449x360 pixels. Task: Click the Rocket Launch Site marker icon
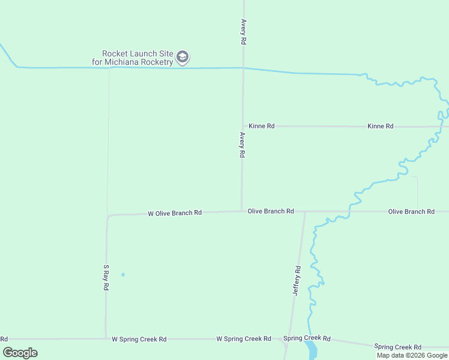click(x=183, y=58)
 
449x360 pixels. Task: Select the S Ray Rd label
click(x=106, y=278)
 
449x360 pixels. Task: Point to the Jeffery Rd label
click(x=296, y=281)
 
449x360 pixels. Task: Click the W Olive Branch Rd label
click(x=175, y=213)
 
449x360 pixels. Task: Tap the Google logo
click(x=20, y=353)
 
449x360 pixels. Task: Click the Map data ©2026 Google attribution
click(x=412, y=355)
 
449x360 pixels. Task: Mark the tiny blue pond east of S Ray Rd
click(x=123, y=275)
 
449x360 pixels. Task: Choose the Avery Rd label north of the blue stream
click(x=244, y=31)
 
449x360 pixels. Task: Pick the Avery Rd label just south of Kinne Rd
click(x=243, y=145)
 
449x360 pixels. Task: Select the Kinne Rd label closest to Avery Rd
click(x=262, y=126)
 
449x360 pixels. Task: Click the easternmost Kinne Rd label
click(x=381, y=126)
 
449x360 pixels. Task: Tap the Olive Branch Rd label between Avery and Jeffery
click(x=271, y=211)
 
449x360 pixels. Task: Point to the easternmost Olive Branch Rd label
click(x=411, y=212)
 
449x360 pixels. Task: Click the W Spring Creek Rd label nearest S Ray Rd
click(x=139, y=339)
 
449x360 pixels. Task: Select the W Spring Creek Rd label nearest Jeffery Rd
click(x=244, y=339)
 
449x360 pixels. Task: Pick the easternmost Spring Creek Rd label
click(x=397, y=347)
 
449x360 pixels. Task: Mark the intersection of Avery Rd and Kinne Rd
click(x=243, y=126)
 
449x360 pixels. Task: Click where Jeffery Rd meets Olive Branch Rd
click(x=304, y=212)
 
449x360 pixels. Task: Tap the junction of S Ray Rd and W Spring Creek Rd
click(x=106, y=338)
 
